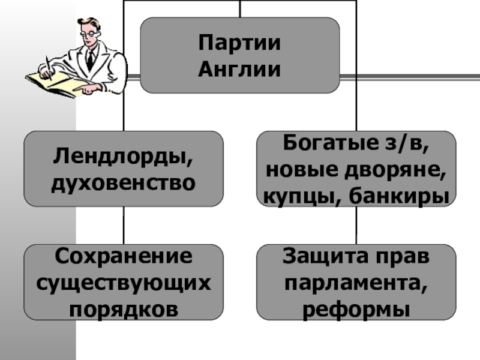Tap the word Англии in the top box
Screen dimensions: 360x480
240,69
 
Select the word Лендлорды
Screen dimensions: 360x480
124,157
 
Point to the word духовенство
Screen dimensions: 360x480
124,181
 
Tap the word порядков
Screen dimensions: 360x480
124,308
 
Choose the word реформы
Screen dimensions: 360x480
356,308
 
